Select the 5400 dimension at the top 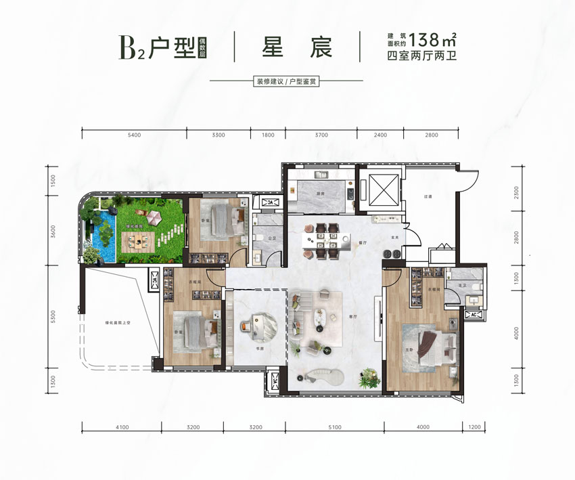133,135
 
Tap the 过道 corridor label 427,196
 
